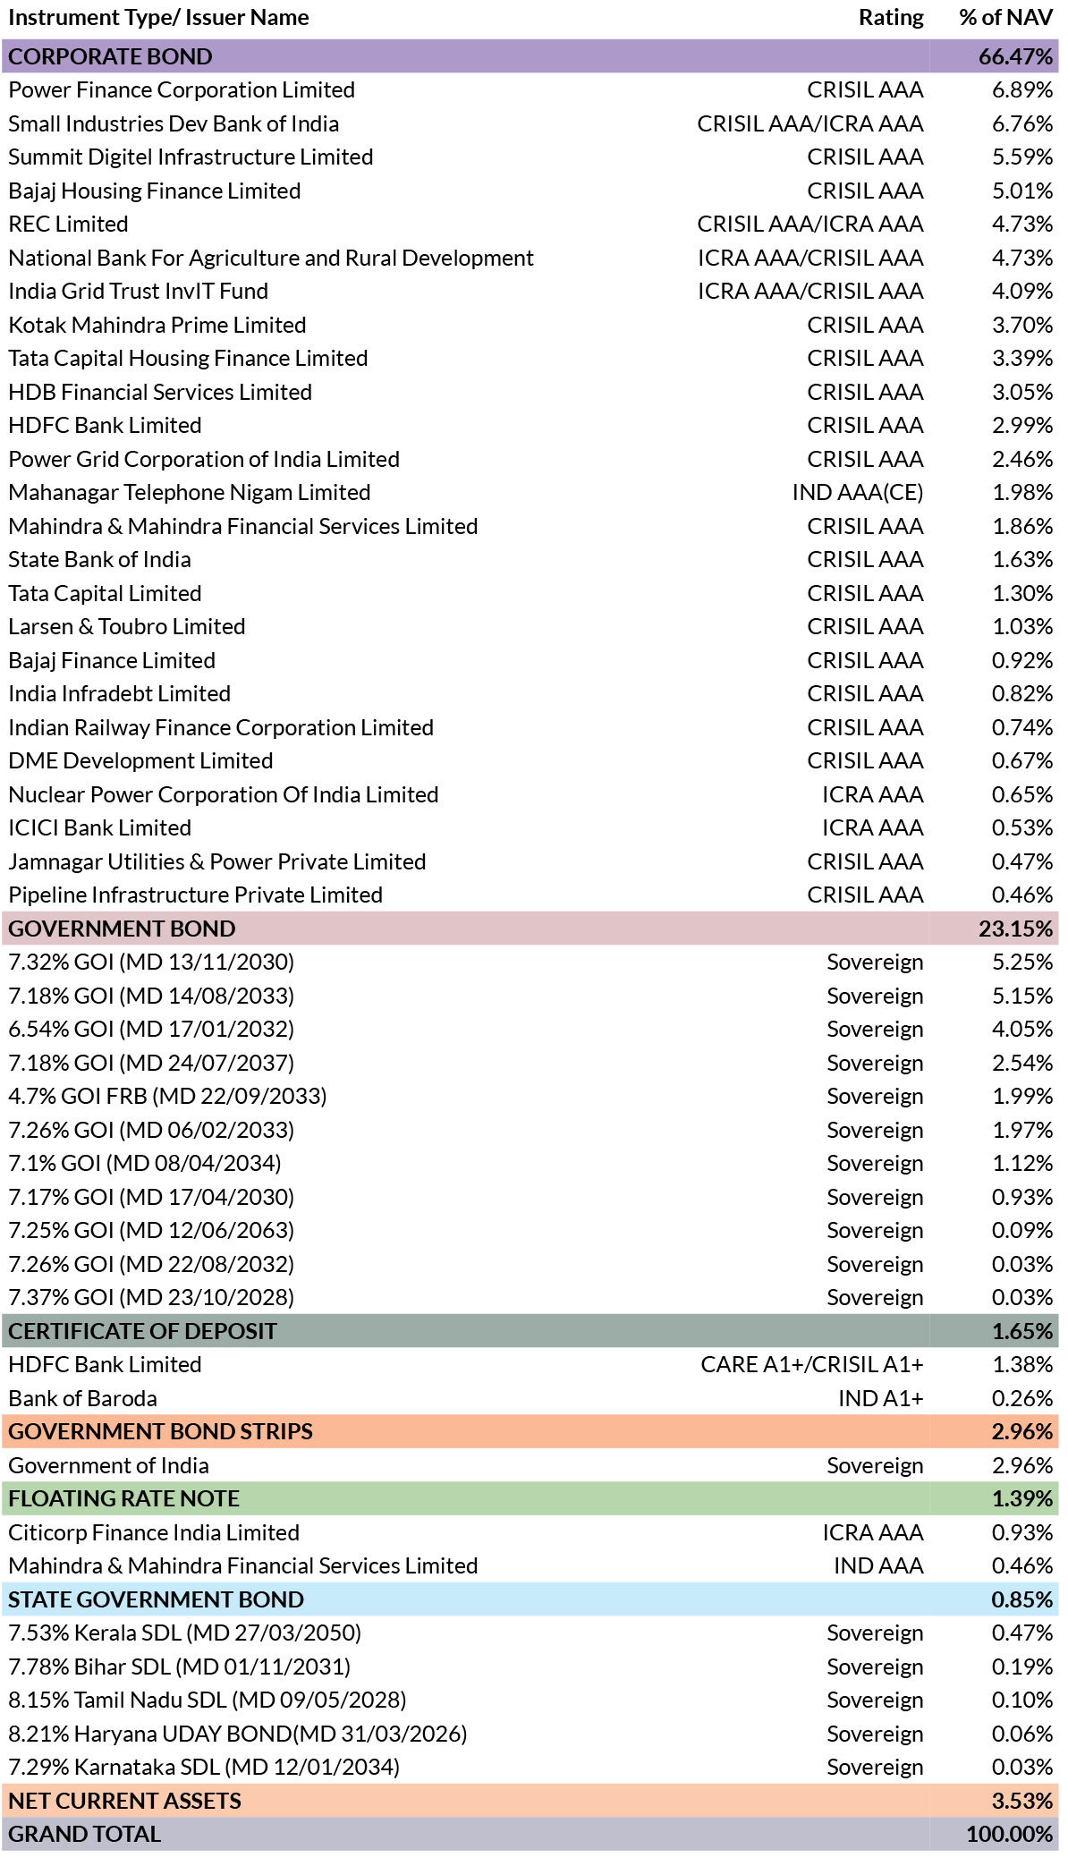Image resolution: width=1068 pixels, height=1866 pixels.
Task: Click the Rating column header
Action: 890,18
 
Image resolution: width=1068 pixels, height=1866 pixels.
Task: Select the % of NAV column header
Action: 1005,18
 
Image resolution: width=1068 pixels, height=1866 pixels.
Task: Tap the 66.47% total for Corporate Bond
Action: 1015,56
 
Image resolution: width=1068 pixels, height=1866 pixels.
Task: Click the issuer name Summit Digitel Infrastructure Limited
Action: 191,157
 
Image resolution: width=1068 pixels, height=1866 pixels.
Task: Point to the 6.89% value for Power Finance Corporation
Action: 1021,90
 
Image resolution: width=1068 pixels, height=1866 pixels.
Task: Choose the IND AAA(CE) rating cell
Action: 858,493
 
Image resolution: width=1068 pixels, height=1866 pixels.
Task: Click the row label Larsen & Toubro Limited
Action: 127,627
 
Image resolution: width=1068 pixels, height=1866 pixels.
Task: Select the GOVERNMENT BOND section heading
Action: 122,929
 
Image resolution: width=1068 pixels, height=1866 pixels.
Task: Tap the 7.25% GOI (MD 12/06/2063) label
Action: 151,1231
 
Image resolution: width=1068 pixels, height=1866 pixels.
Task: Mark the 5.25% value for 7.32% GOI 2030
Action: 1021,963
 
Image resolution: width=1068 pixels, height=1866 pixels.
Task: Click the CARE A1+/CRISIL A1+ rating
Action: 812,1365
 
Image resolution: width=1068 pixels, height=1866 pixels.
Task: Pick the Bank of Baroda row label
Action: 82,1398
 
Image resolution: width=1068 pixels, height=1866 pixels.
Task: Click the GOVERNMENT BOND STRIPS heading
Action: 161,1432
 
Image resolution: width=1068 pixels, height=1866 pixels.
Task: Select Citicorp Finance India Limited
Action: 154,1532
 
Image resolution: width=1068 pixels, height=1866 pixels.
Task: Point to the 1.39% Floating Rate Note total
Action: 1021,1499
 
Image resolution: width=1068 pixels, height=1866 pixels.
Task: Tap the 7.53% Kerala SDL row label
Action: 185,1633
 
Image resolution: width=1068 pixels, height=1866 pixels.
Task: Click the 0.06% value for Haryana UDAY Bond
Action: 1021,1734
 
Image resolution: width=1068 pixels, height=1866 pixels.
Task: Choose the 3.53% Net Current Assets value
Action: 1021,1801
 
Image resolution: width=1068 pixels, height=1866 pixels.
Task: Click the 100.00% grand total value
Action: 1009,1835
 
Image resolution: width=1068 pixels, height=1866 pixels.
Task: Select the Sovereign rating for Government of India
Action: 875,1466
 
